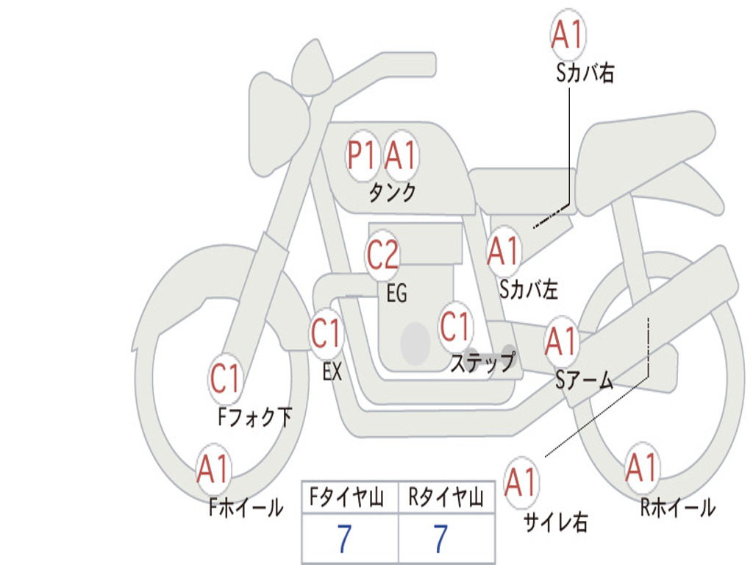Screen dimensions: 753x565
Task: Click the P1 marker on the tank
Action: (x=362, y=156)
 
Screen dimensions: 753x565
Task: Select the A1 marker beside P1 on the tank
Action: (x=401, y=156)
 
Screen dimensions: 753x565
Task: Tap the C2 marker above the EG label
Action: (x=382, y=254)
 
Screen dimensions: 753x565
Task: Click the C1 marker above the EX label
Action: (x=326, y=333)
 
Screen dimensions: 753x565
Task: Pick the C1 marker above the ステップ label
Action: (x=455, y=327)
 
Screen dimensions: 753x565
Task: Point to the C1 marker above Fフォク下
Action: (x=226, y=379)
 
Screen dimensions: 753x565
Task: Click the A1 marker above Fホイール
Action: (x=213, y=469)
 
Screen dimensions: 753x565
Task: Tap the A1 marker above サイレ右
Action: (x=521, y=482)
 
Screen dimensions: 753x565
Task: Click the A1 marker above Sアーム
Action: (x=561, y=341)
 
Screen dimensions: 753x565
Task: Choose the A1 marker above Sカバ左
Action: (x=504, y=252)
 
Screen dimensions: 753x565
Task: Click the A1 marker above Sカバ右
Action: (x=568, y=35)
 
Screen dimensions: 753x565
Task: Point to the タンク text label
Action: (x=393, y=193)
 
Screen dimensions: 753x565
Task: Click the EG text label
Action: (x=397, y=293)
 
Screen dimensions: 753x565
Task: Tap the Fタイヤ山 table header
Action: (x=346, y=497)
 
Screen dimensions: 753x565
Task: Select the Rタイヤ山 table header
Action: (x=446, y=497)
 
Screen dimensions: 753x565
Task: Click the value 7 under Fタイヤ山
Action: (x=345, y=539)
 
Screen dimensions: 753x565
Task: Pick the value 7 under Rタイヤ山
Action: (x=441, y=539)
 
